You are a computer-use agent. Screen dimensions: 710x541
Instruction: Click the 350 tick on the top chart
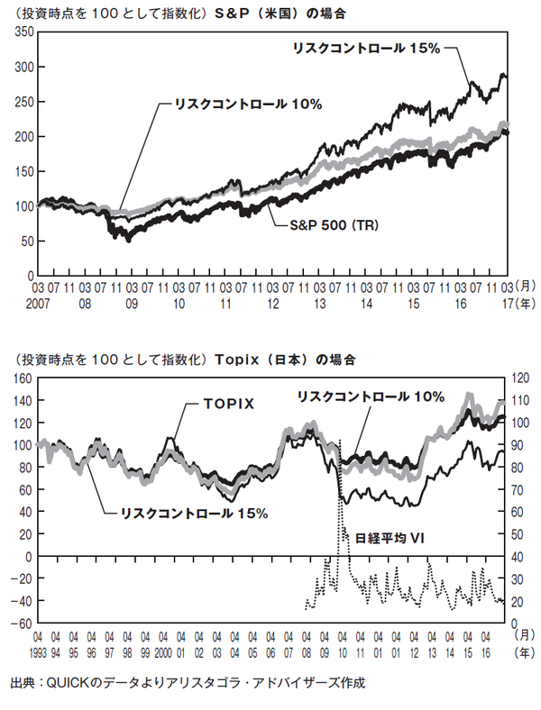point(23,32)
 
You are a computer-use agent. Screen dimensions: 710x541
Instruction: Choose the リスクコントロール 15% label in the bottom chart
point(194,514)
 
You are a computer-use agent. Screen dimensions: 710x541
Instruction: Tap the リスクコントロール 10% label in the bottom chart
point(371,396)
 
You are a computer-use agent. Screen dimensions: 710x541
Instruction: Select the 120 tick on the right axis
point(522,378)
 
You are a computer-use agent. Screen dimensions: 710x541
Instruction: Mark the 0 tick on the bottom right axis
point(518,624)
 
